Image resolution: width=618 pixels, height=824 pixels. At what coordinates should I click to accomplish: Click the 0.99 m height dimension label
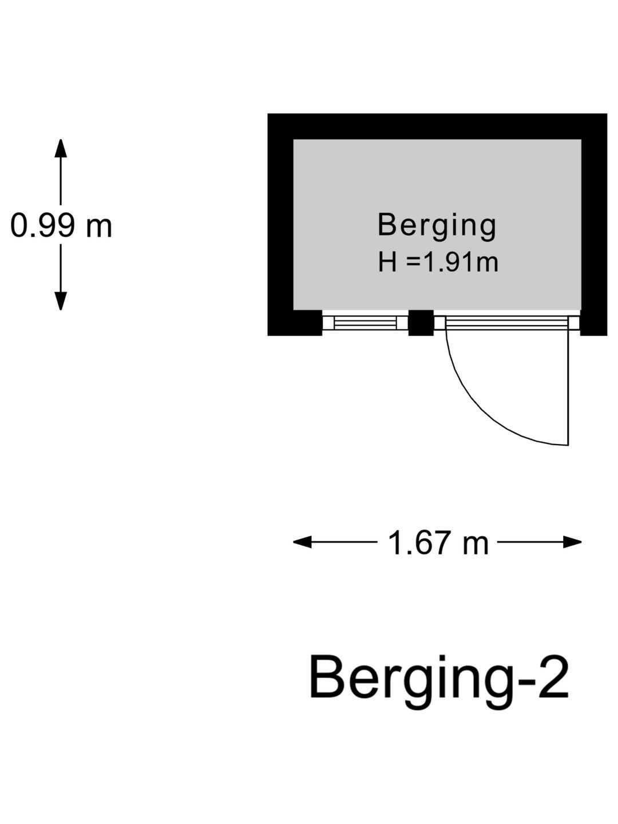pyautogui.click(x=61, y=225)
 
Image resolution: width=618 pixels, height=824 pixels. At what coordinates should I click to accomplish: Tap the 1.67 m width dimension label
pyautogui.click(x=438, y=543)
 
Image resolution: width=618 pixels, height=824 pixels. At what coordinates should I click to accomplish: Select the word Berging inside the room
pyautogui.click(x=437, y=226)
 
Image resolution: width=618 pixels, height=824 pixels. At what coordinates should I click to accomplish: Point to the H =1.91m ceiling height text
pyautogui.click(x=438, y=263)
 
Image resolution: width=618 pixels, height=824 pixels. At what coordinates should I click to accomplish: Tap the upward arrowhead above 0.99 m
pyautogui.click(x=61, y=148)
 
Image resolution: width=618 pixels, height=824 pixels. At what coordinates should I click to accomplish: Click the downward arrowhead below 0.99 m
pyautogui.click(x=61, y=301)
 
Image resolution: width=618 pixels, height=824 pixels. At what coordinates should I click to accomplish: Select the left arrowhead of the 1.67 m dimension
pyautogui.click(x=303, y=542)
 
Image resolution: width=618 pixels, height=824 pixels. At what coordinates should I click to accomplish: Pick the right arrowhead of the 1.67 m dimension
pyautogui.click(x=572, y=542)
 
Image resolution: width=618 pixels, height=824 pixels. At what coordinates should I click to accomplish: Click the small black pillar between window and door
pyautogui.click(x=421, y=323)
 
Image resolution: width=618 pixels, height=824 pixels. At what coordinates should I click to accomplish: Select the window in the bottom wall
pyautogui.click(x=365, y=323)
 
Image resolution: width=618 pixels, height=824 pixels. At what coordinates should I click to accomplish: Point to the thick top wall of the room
pyautogui.click(x=437, y=126)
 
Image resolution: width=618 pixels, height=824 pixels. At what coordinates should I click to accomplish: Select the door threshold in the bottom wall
pyautogui.click(x=507, y=323)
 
